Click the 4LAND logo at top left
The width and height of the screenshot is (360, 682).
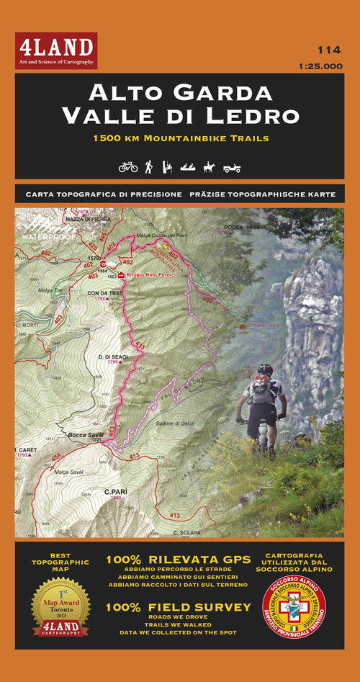[56, 51]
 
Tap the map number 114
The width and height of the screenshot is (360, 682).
[329, 50]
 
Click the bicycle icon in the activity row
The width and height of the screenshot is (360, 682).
[128, 167]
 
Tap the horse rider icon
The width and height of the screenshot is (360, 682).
[209, 167]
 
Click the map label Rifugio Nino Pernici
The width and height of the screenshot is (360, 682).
[150, 276]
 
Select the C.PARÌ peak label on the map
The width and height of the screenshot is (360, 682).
[115, 493]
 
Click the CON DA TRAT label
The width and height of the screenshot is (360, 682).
[102, 293]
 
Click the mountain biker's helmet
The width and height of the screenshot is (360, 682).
[266, 369]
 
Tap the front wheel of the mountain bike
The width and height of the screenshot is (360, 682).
[271, 439]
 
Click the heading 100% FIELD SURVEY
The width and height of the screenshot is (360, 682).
[179, 607]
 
